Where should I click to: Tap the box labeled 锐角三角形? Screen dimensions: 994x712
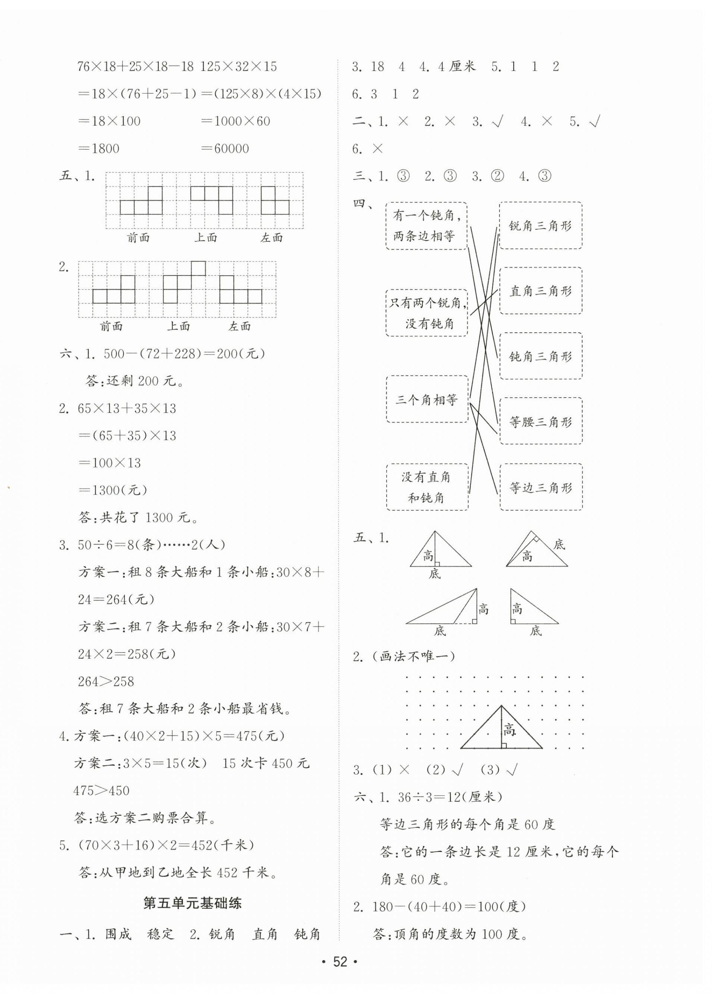point(540,225)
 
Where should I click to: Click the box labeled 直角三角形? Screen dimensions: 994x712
point(540,291)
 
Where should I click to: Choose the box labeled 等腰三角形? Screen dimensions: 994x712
point(540,421)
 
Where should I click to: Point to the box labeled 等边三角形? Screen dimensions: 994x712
point(540,487)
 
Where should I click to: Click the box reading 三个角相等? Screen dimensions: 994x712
point(426,399)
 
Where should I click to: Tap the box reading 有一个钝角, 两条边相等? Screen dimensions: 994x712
point(426,226)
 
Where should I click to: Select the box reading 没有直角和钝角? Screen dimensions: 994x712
point(426,487)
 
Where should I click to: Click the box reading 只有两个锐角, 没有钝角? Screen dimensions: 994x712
point(426,313)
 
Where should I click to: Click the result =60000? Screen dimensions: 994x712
point(225,149)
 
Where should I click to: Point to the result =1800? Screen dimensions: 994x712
point(99,149)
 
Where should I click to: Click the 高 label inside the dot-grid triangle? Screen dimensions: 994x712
point(509,729)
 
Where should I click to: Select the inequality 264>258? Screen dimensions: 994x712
point(106,682)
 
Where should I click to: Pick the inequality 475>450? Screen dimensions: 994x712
point(102,791)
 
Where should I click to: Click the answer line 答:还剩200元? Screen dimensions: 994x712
point(135,381)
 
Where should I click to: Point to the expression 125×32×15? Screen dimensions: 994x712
point(239,67)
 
